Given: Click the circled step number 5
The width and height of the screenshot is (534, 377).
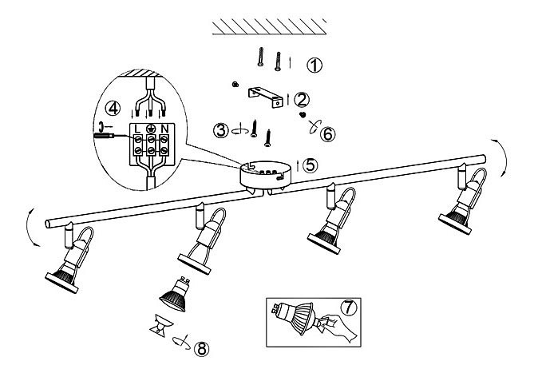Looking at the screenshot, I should coord(310,165).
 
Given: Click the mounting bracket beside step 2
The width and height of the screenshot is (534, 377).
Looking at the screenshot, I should coord(264,96).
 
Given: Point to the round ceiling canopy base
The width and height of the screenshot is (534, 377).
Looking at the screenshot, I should coord(266,175).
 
